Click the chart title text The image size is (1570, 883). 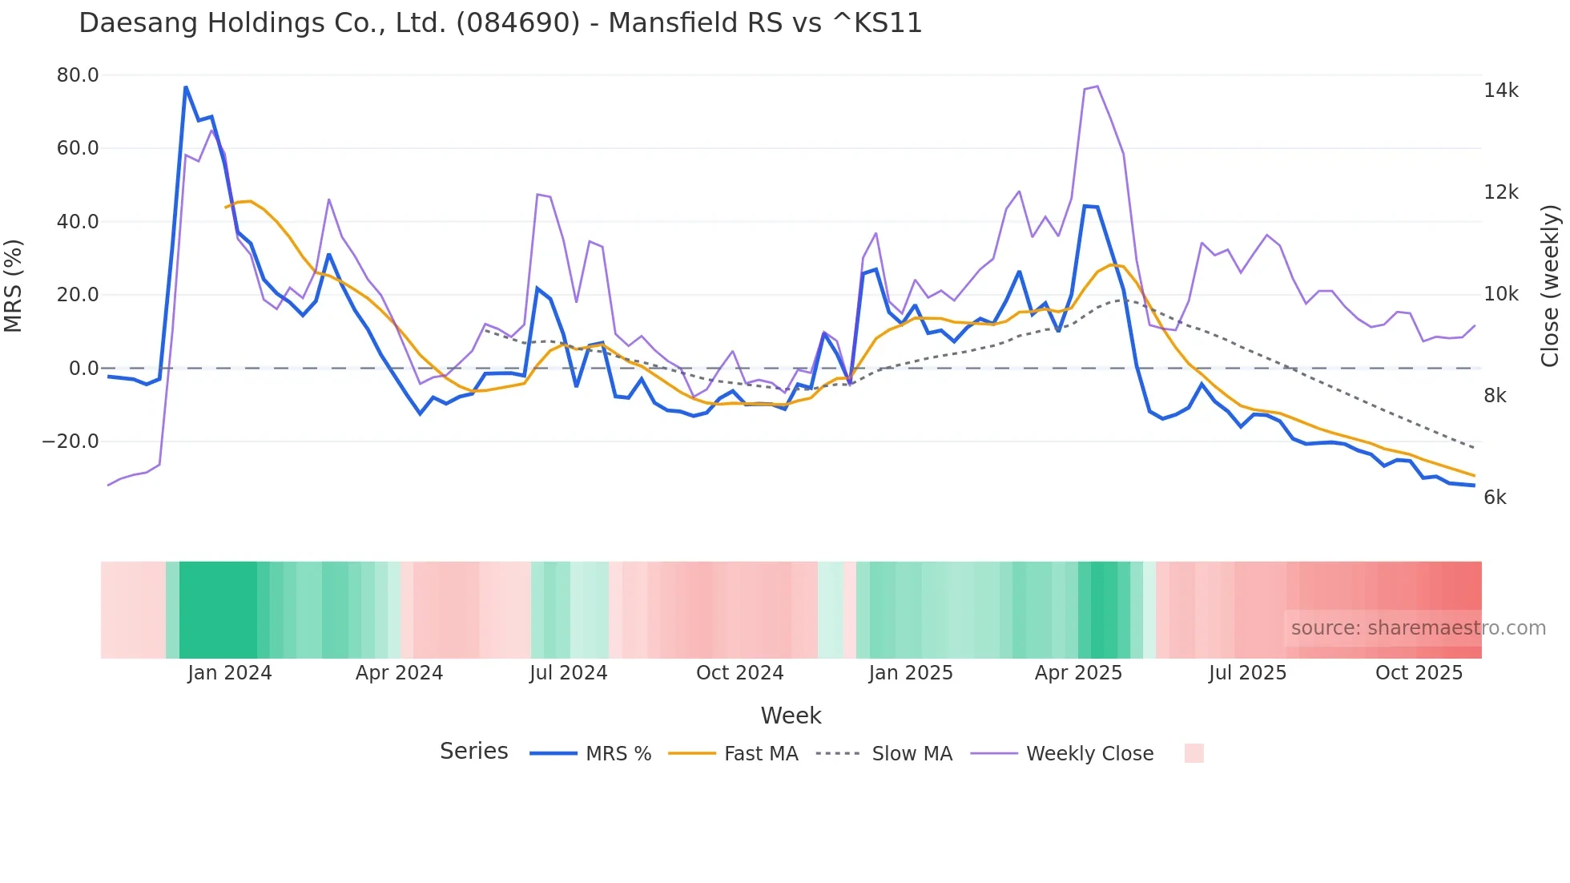pos(501,22)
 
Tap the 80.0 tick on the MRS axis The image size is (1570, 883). pos(78,75)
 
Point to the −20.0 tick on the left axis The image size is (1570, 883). pos(70,441)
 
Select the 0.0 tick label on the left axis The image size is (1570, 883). pos(83,369)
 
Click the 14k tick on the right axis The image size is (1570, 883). pos(1500,91)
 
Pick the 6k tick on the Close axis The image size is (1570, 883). pos(1495,498)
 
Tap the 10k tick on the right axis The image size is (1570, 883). pos(1500,294)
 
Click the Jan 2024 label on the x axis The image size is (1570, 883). pos(230,673)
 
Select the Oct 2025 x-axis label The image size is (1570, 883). pos(1419,673)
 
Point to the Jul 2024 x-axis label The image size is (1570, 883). pos(568,673)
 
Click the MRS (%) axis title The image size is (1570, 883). pos(14,286)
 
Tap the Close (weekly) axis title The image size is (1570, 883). pos(1550,286)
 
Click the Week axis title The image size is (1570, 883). pos(791,716)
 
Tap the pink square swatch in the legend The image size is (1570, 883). pos(1194,753)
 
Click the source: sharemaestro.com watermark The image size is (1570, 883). pos(1418,628)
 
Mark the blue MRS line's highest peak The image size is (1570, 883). pos(186,87)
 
